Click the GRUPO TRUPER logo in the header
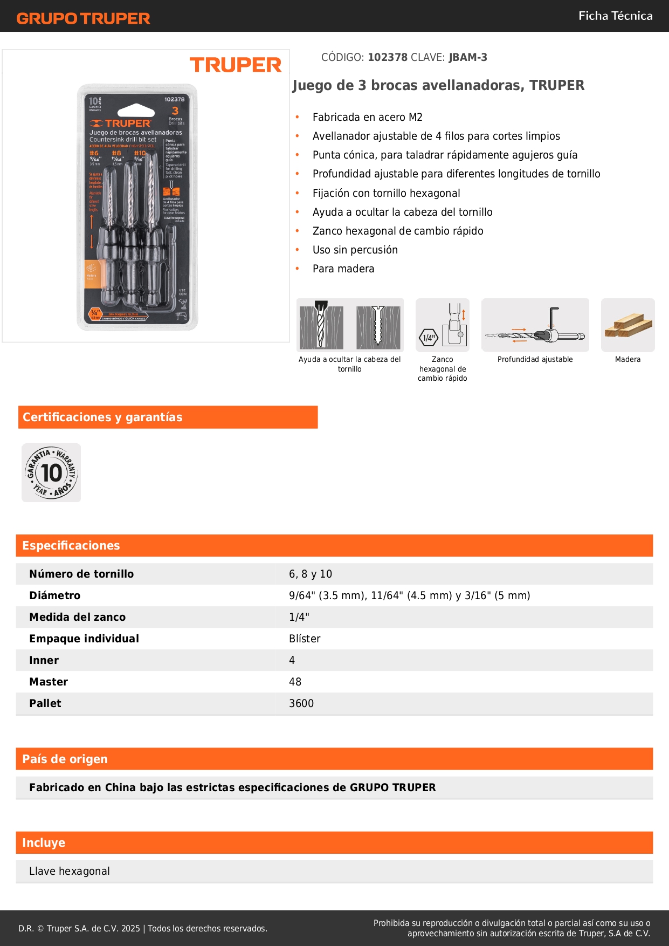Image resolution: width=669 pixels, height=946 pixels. [83, 18]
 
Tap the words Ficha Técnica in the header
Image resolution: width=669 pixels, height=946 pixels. [615, 16]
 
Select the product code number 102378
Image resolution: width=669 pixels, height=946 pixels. [388, 57]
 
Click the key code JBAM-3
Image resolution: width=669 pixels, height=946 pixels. [467, 57]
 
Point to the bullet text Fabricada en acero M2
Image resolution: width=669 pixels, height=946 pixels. [367, 117]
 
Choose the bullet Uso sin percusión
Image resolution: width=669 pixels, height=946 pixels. [355, 250]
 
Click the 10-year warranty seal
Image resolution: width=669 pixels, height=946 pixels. [51, 472]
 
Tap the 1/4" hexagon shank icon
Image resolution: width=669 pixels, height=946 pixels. [443, 325]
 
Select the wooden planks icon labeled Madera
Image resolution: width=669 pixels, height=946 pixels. [627, 325]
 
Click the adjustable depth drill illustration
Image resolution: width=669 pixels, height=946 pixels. [535, 325]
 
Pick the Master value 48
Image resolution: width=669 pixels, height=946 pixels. [295, 682]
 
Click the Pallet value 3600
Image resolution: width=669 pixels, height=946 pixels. [301, 703]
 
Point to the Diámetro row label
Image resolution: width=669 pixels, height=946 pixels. [54, 595]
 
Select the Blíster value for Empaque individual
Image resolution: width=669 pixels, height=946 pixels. [305, 639]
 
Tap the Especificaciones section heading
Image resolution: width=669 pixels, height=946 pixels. [71, 545]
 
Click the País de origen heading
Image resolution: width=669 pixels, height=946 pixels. [65, 759]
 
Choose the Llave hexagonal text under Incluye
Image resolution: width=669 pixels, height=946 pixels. [70, 871]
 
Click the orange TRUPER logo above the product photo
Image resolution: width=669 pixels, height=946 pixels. [236, 65]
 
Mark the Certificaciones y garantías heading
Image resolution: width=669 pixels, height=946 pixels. [102, 417]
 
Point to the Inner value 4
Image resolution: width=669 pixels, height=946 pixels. [292, 660]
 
